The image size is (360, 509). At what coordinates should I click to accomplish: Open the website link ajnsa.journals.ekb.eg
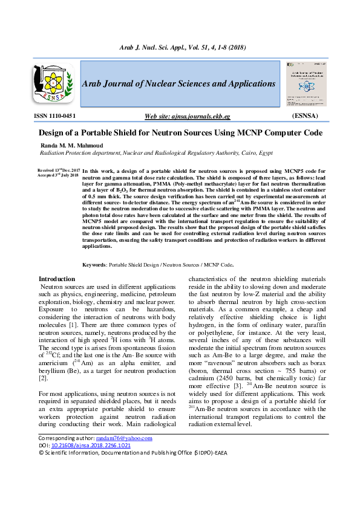click(187, 116)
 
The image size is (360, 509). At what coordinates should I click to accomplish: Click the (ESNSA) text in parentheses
click(309, 115)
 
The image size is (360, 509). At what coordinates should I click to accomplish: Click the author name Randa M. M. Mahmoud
click(71, 146)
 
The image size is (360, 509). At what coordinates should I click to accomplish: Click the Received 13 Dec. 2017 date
click(58, 171)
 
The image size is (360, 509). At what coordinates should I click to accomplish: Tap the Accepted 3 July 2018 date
click(58, 176)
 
